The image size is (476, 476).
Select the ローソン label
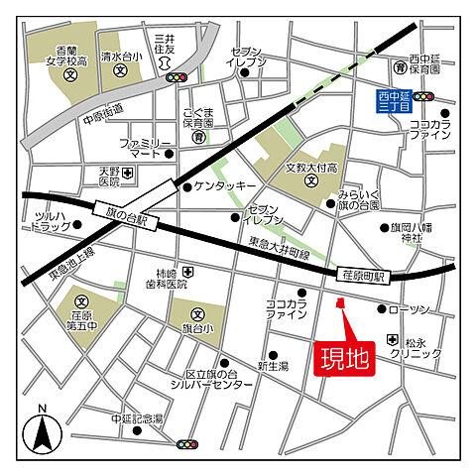[x=410, y=309]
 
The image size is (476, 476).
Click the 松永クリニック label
[x=416, y=347]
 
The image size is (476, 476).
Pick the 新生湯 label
[x=273, y=366]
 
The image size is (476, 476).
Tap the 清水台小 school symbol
[x=119, y=71]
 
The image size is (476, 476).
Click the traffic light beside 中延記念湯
[x=186, y=444]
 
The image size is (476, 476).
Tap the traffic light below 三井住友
[x=177, y=76]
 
